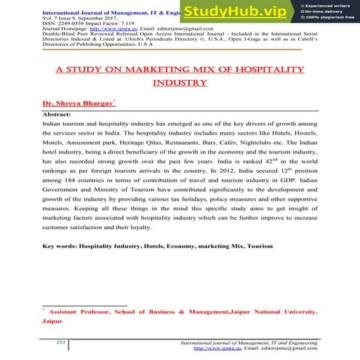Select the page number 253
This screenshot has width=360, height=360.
[63, 340]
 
